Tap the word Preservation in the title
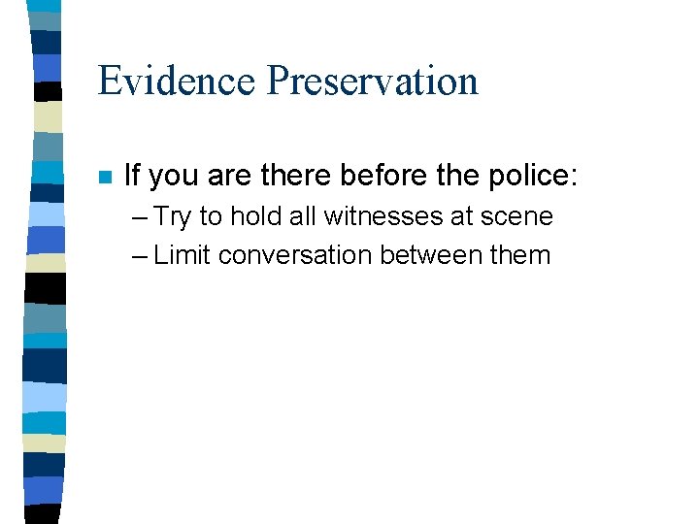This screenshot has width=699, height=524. (373, 81)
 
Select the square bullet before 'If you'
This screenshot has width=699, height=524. (106, 178)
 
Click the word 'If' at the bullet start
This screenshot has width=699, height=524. (133, 176)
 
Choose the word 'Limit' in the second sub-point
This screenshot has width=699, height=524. (183, 255)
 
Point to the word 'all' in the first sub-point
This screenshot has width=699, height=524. (295, 215)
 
